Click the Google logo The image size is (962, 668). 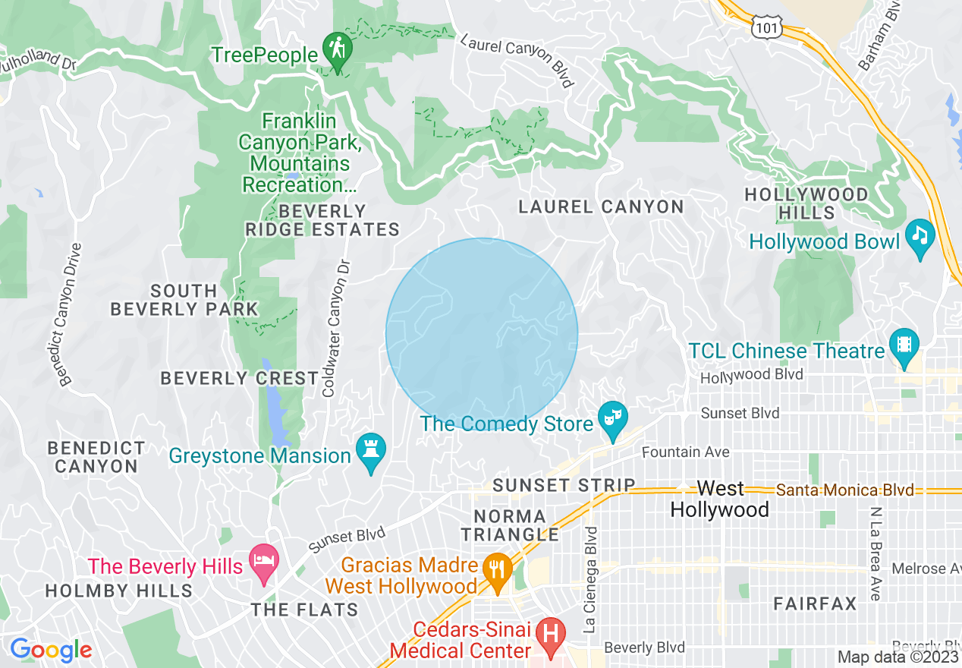click(50, 650)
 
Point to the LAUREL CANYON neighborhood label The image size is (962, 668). click(601, 206)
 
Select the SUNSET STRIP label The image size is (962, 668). click(564, 485)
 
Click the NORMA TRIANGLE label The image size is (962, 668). click(510, 525)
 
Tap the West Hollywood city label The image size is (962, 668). click(719, 499)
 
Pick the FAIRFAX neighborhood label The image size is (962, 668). click(815, 604)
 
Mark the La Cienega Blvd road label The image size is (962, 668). click(591, 580)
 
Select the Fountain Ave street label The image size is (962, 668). click(685, 452)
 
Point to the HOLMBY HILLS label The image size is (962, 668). click(119, 591)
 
